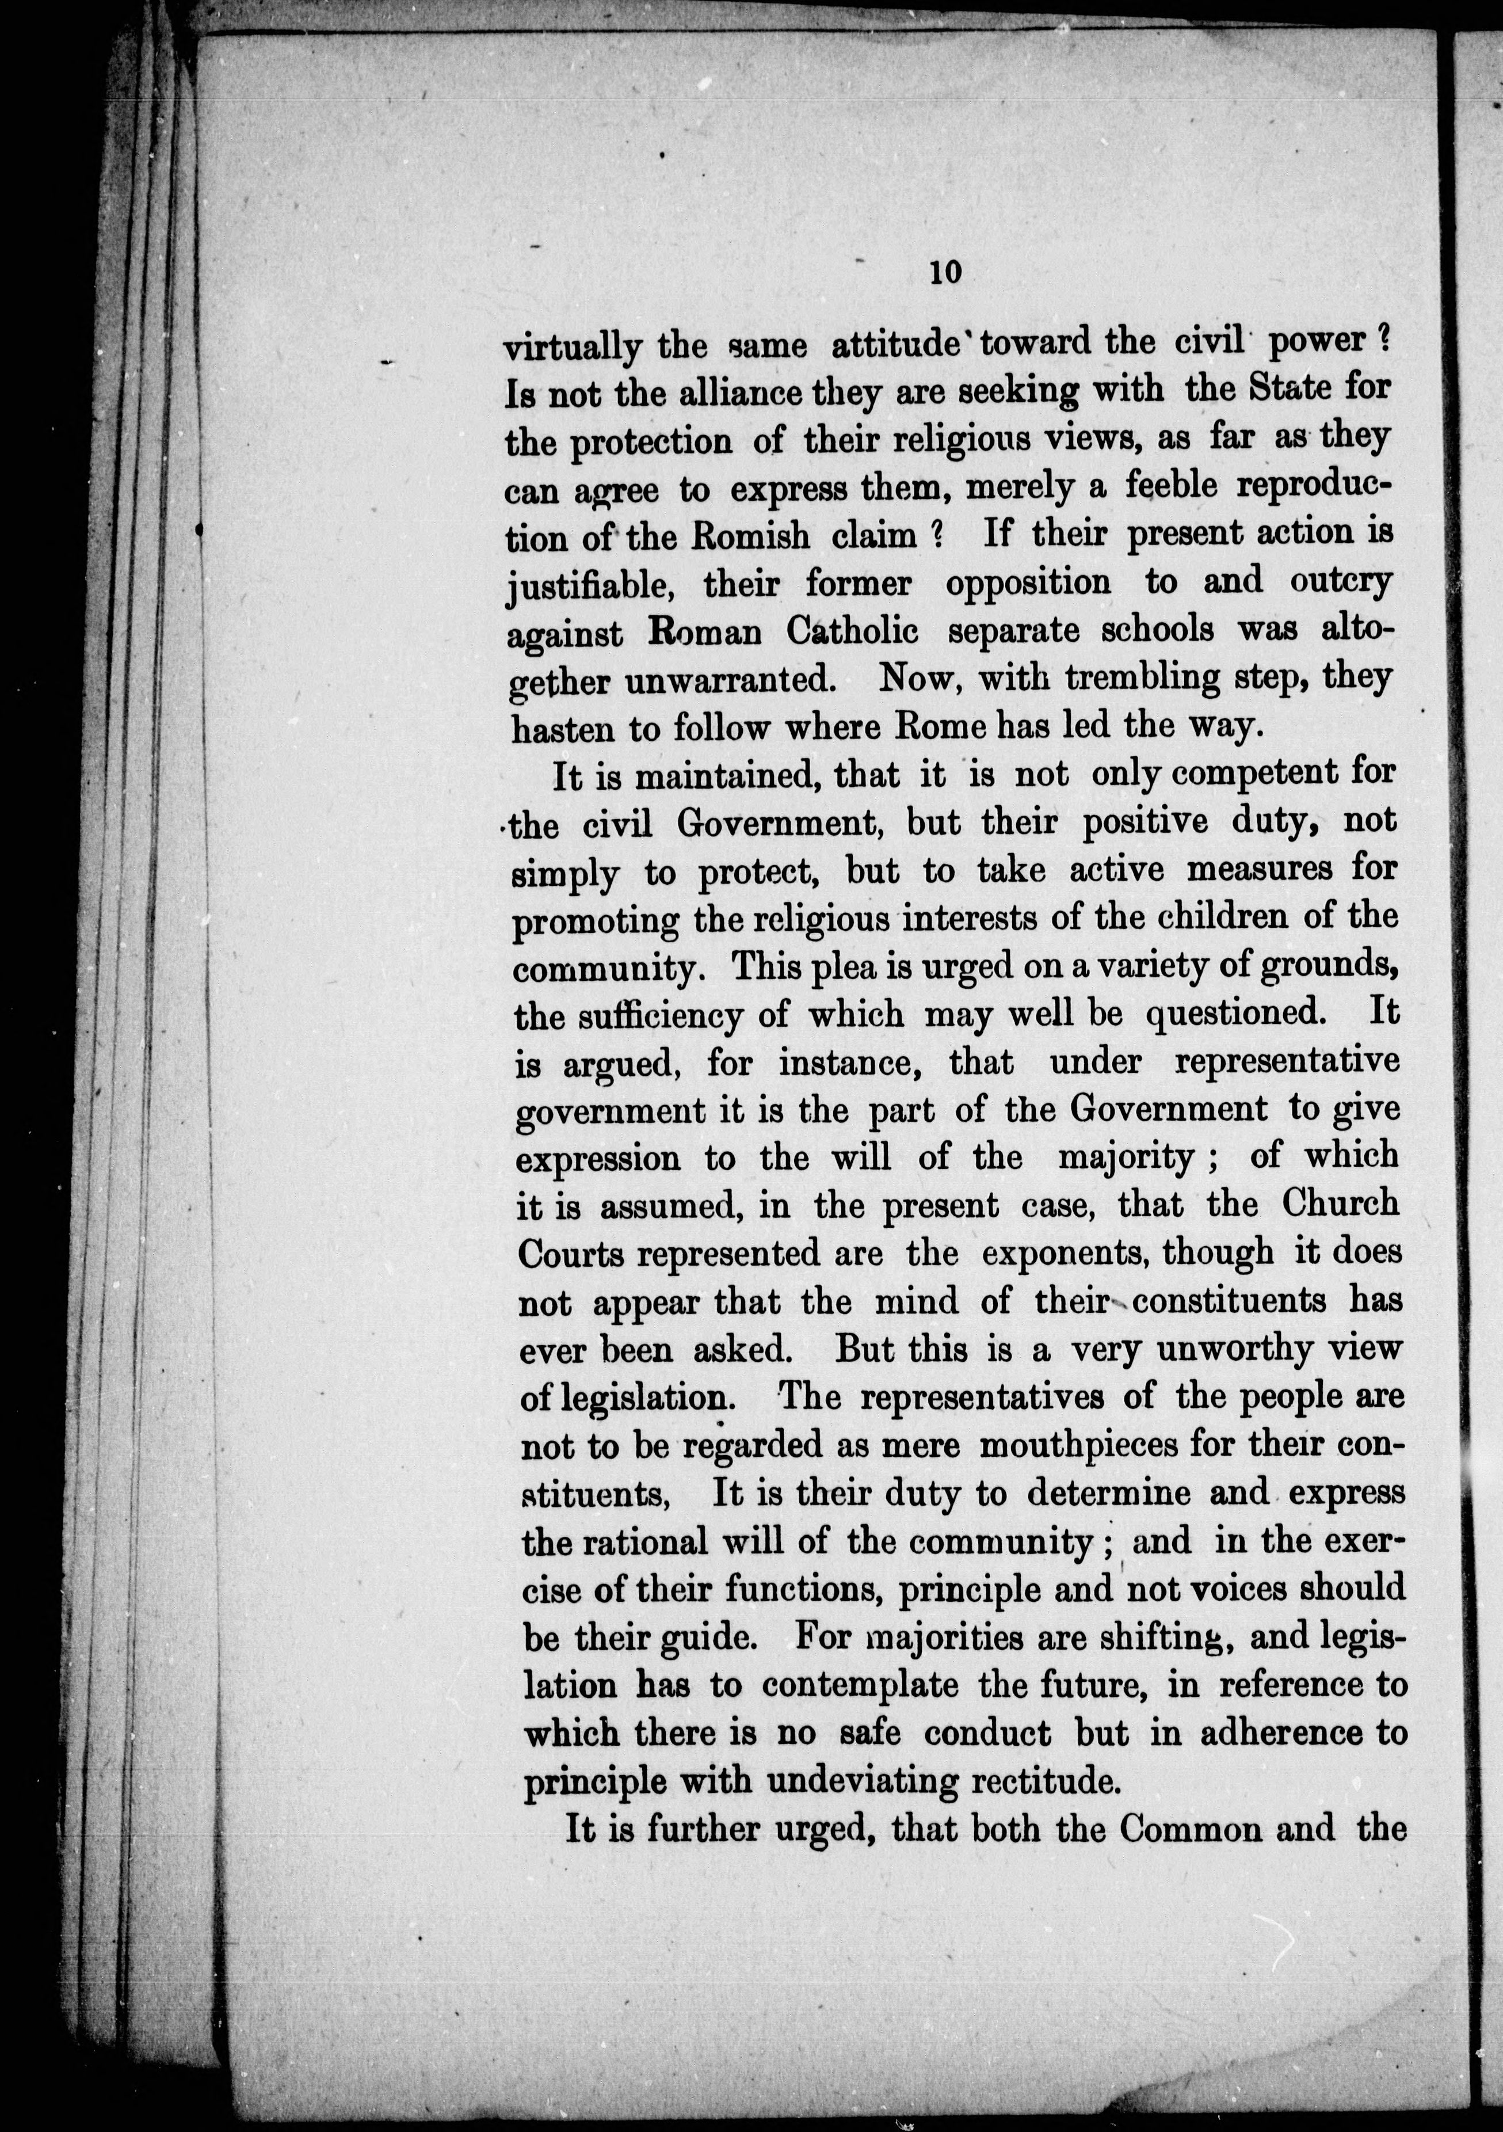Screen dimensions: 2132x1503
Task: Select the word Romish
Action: [743, 536]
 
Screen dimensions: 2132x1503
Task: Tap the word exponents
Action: [1062, 1254]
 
